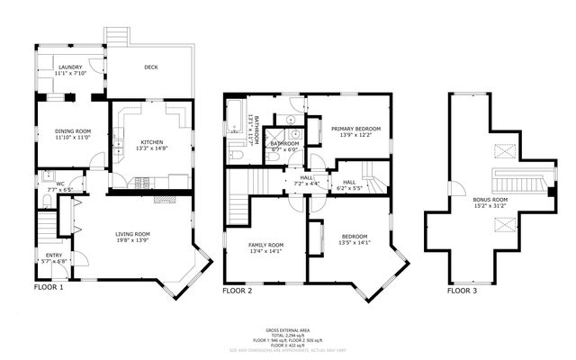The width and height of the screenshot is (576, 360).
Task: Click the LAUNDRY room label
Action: coord(71,67)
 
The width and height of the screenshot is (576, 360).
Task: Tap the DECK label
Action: coord(152,67)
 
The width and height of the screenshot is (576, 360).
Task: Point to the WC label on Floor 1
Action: coord(49,184)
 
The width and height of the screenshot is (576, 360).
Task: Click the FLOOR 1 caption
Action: coord(49,288)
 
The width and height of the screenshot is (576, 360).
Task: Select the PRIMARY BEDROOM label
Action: coord(355,130)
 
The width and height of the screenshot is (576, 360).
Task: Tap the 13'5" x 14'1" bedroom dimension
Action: coord(355,243)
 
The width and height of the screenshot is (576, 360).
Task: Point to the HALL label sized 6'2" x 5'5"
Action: coord(349,183)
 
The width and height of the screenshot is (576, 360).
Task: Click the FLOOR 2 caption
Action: coord(238,291)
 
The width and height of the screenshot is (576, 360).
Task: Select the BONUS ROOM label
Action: coord(490,199)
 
